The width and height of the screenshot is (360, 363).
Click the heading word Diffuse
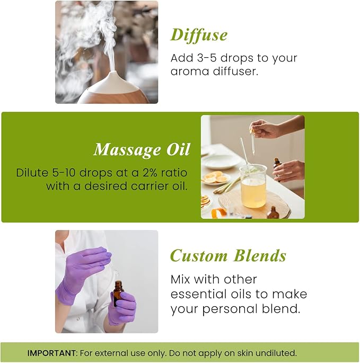[x=199, y=36]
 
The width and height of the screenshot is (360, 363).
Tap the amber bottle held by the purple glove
[x=118, y=294]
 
